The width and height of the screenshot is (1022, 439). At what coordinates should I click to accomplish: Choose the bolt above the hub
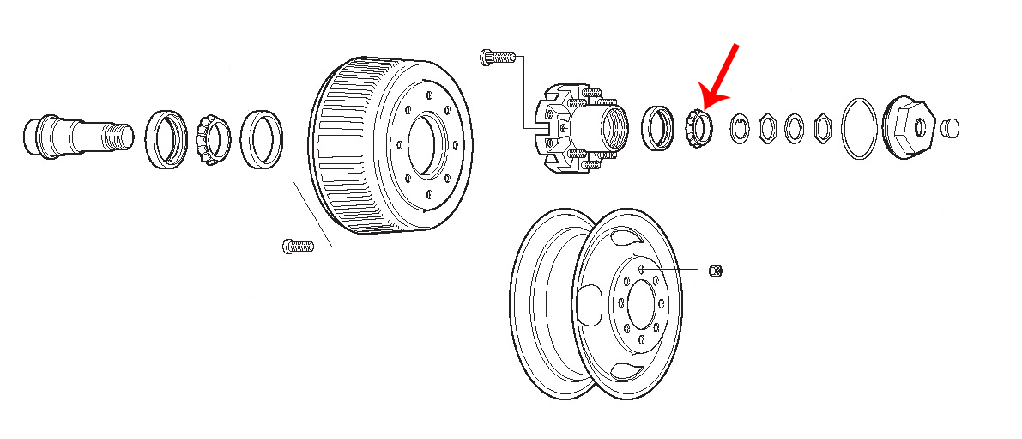tap(496, 58)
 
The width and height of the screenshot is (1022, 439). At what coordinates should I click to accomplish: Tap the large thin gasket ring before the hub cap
tap(861, 129)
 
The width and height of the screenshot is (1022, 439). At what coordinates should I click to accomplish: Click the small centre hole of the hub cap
tap(918, 128)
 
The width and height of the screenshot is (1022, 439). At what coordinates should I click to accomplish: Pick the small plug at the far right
tap(950, 128)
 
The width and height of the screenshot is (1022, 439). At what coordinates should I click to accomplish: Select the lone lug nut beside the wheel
tap(716, 271)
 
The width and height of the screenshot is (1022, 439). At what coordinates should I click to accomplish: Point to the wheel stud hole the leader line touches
tap(641, 270)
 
